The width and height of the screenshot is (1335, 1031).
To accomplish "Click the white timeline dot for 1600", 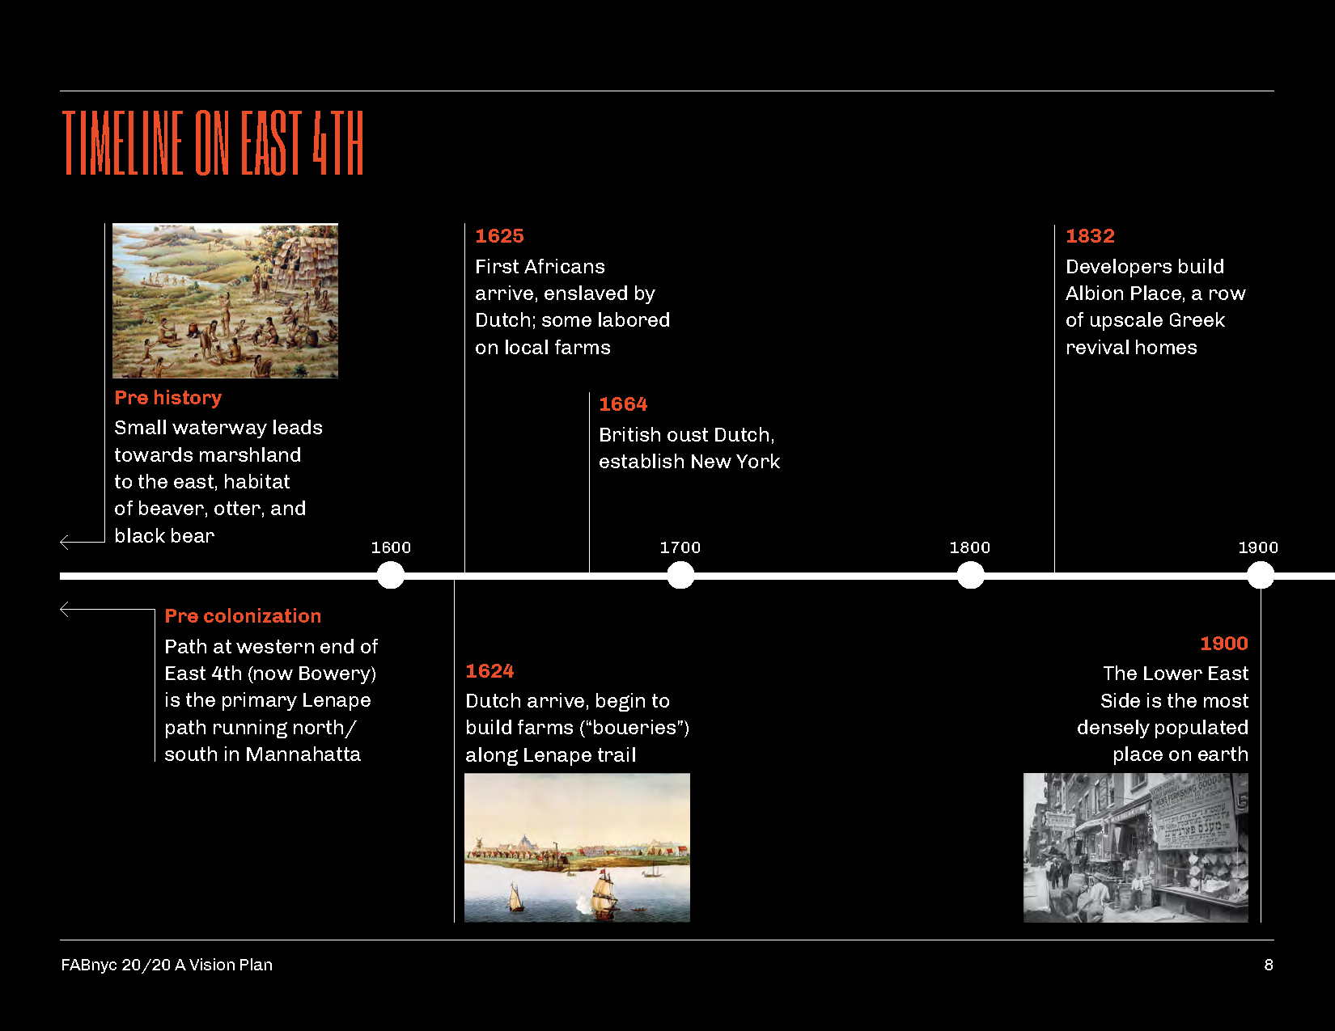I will tap(391, 575).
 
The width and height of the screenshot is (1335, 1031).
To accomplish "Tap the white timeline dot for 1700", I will tap(680, 575).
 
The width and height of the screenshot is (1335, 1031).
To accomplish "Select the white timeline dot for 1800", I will tap(970, 575).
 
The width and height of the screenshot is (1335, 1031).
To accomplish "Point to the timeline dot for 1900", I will tap(1260, 575).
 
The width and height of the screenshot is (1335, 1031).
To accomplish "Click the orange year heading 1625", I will tap(499, 236).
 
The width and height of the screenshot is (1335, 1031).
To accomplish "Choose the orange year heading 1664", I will tap(623, 404).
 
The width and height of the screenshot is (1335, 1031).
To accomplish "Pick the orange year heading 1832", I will tap(1090, 236).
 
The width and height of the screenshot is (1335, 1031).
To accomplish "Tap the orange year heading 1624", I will tap(489, 671).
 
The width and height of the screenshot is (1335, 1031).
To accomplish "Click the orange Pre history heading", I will tap(167, 398).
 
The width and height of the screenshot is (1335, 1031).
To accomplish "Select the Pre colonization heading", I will tap(243, 616).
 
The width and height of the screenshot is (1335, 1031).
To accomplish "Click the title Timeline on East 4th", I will tap(213, 143).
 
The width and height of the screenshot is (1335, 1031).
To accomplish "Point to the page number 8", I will tap(1269, 965).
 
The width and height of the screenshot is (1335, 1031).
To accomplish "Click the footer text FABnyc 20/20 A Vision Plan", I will tap(167, 965).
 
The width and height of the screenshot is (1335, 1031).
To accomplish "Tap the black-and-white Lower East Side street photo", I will tap(1135, 847).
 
